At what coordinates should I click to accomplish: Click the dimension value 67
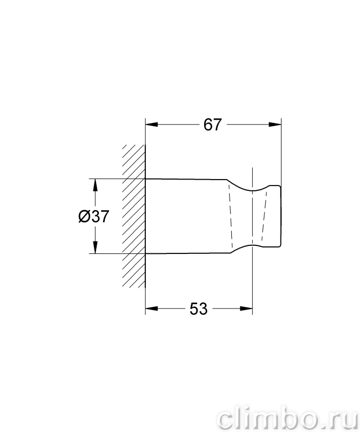pyautogui.click(x=213, y=125)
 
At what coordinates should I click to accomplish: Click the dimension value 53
pyautogui.click(x=198, y=309)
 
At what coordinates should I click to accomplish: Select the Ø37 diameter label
pyautogui.click(x=94, y=216)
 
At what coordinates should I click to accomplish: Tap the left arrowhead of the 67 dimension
pyautogui.click(x=152, y=125)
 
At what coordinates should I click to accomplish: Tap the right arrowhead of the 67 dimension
pyautogui.click(x=275, y=125)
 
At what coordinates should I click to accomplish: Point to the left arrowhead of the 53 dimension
pyautogui.click(x=152, y=308)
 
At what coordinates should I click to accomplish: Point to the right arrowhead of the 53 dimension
pyautogui.click(x=246, y=308)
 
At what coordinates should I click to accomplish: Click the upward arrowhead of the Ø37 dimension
pyautogui.click(x=95, y=185)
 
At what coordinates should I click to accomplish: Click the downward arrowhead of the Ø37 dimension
pyautogui.click(x=95, y=247)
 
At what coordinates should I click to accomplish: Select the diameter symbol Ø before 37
pyautogui.click(x=83, y=216)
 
